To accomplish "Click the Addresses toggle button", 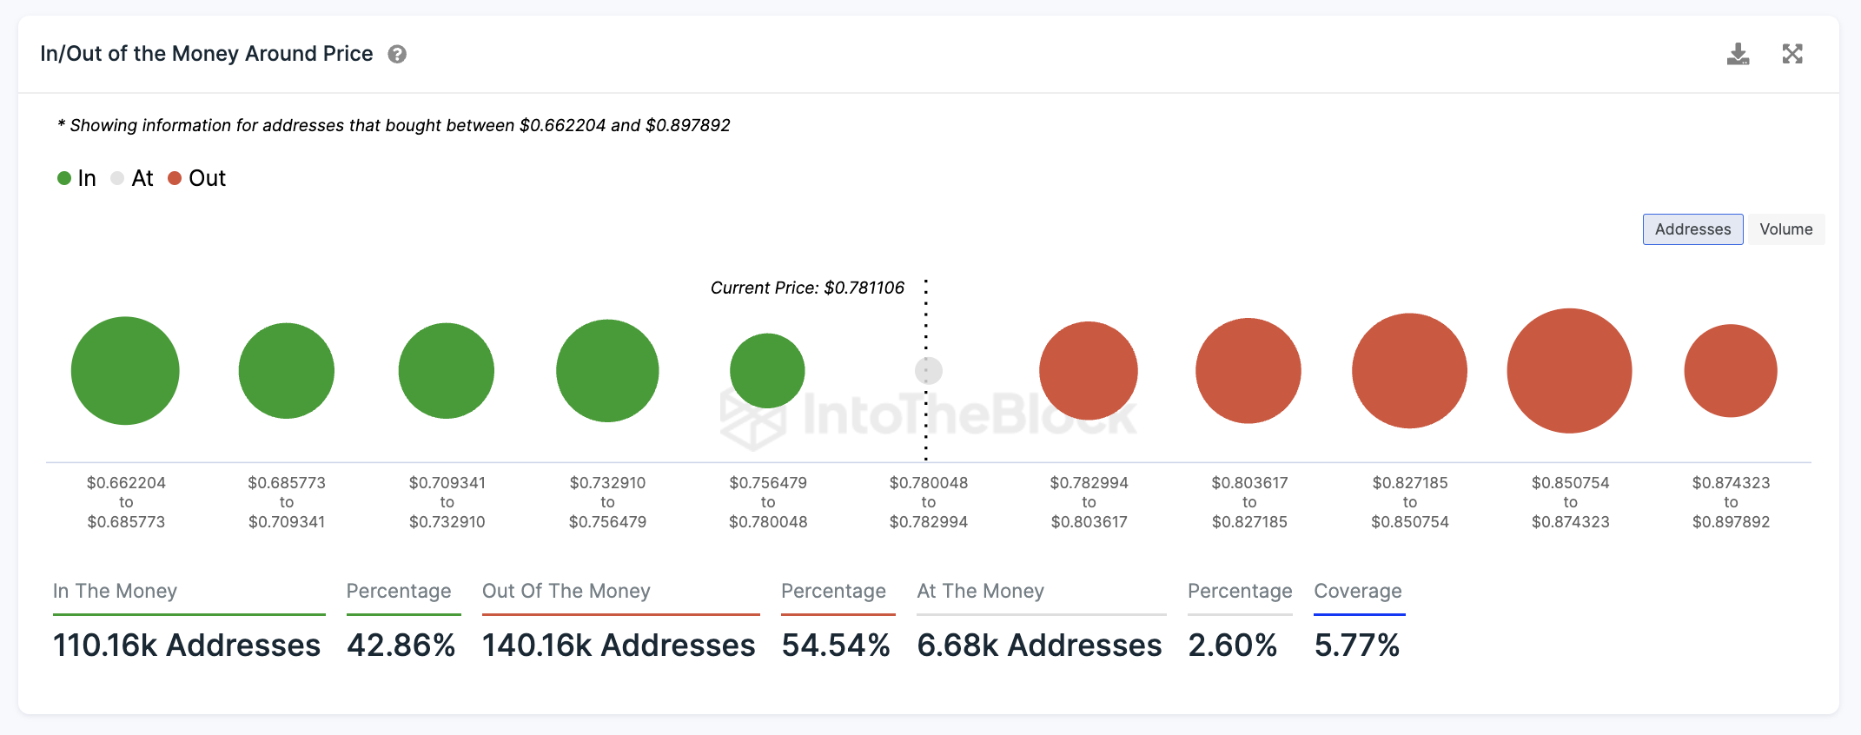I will click(1692, 229).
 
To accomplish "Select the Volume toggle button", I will click(1785, 229).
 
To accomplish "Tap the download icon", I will click(1738, 54).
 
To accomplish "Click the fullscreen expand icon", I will click(1792, 54).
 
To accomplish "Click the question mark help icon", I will click(397, 54).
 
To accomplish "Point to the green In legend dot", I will click(64, 178).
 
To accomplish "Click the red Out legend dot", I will click(175, 178).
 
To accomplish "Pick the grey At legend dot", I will click(117, 178).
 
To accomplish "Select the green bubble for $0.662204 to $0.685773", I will click(125, 371).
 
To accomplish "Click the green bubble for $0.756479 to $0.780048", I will click(767, 371).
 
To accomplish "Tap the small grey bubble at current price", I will click(928, 371).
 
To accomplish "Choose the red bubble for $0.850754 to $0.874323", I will click(1569, 371).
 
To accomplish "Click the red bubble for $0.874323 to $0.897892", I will click(1730, 371).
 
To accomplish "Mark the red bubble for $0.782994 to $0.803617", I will click(1089, 371).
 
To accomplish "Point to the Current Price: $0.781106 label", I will click(807, 288).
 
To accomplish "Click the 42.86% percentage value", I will click(401, 645).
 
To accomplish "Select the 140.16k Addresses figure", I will click(619, 645).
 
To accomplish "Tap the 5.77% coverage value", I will click(1356, 645).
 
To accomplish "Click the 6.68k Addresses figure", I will click(1039, 645).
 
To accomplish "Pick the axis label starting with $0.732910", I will click(607, 502).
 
